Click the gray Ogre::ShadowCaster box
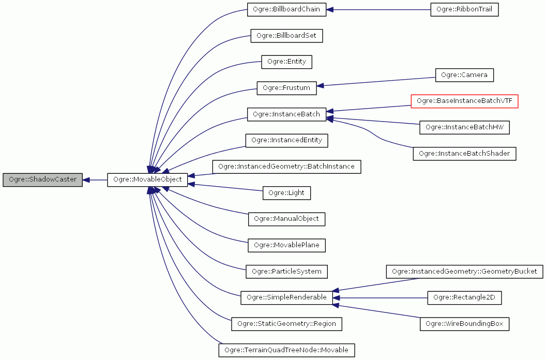pos(42,180)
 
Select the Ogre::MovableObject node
pos(147,180)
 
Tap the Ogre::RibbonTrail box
pos(464,10)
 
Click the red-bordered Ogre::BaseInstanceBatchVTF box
pos(464,101)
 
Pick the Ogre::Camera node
pos(464,75)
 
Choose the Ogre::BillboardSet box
pos(286,36)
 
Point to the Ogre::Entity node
pos(286,62)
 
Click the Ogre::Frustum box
pos(286,88)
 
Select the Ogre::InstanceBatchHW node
pos(464,127)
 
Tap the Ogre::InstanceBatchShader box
pos(464,154)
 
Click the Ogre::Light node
pos(286,193)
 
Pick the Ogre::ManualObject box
pos(286,219)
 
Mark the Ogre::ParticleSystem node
pos(286,271)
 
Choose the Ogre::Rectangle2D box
pos(464,297)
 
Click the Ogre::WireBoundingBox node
pos(464,324)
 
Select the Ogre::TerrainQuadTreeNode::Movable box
pos(286,350)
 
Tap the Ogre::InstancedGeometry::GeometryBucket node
pos(464,271)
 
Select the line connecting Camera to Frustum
pos(377,81)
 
